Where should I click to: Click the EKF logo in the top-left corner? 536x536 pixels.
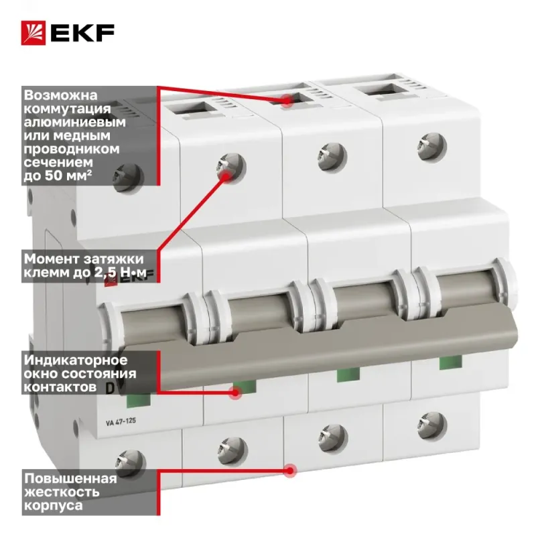pyautogui.click(x=68, y=33)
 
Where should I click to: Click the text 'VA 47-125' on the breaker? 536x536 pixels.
pyautogui.click(x=121, y=421)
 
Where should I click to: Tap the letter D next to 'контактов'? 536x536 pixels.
pyautogui.click(x=110, y=389)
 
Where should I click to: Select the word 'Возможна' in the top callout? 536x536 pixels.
pyautogui.click(x=60, y=95)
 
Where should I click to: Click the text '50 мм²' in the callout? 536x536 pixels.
pyautogui.click(x=68, y=176)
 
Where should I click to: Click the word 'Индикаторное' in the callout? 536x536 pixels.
pyautogui.click(x=76, y=360)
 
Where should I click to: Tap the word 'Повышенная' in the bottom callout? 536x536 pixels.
pyautogui.click(x=70, y=478)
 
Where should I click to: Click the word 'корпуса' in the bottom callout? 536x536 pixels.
pyautogui.click(x=54, y=506)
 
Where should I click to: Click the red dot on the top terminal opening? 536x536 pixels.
pyautogui.click(x=287, y=100)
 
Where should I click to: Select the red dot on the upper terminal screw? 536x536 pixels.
pyautogui.click(x=226, y=176)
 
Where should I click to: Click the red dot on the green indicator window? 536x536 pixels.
pyautogui.click(x=235, y=393)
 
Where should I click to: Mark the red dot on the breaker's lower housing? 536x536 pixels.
pyautogui.click(x=290, y=471)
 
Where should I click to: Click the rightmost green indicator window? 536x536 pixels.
pyautogui.click(x=450, y=362)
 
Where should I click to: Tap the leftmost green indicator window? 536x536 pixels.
pyautogui.click(x=139, y=400)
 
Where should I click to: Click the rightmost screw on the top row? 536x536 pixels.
pyautogui.click(x=431, y=147)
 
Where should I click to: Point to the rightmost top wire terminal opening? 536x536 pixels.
pyautogui.click(x=385, y=90)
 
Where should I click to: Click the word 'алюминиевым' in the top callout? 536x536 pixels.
pyautogui.click(x=75, y=122)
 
